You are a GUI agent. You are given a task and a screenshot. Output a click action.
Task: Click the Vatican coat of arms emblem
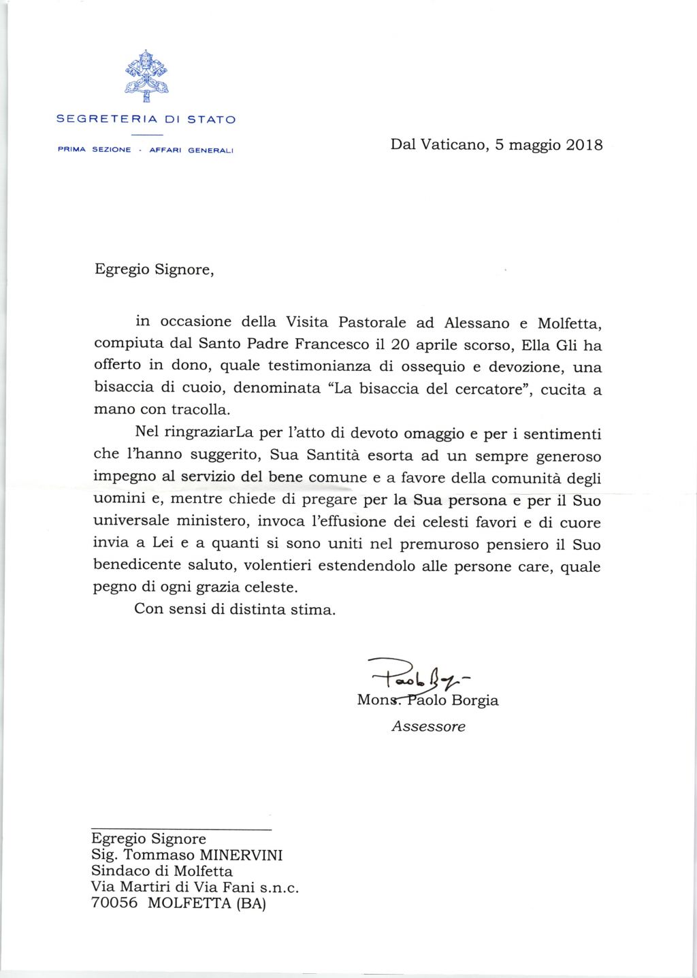[x=146, y=74]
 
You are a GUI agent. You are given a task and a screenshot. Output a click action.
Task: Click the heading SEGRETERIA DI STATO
[x=146, y=119]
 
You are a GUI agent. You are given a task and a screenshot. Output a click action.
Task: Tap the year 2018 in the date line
[x=584, y=145]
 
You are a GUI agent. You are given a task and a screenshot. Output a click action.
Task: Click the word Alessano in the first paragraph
[x=476, y=322]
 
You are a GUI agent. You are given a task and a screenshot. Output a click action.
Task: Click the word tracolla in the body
[x=203, y=410]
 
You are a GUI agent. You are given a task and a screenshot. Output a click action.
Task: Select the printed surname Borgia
[x=476, y=700]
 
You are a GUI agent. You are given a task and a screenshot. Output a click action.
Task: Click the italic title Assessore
[x=428, y=726]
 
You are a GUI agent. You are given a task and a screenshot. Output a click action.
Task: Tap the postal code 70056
[x=114, y=903]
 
